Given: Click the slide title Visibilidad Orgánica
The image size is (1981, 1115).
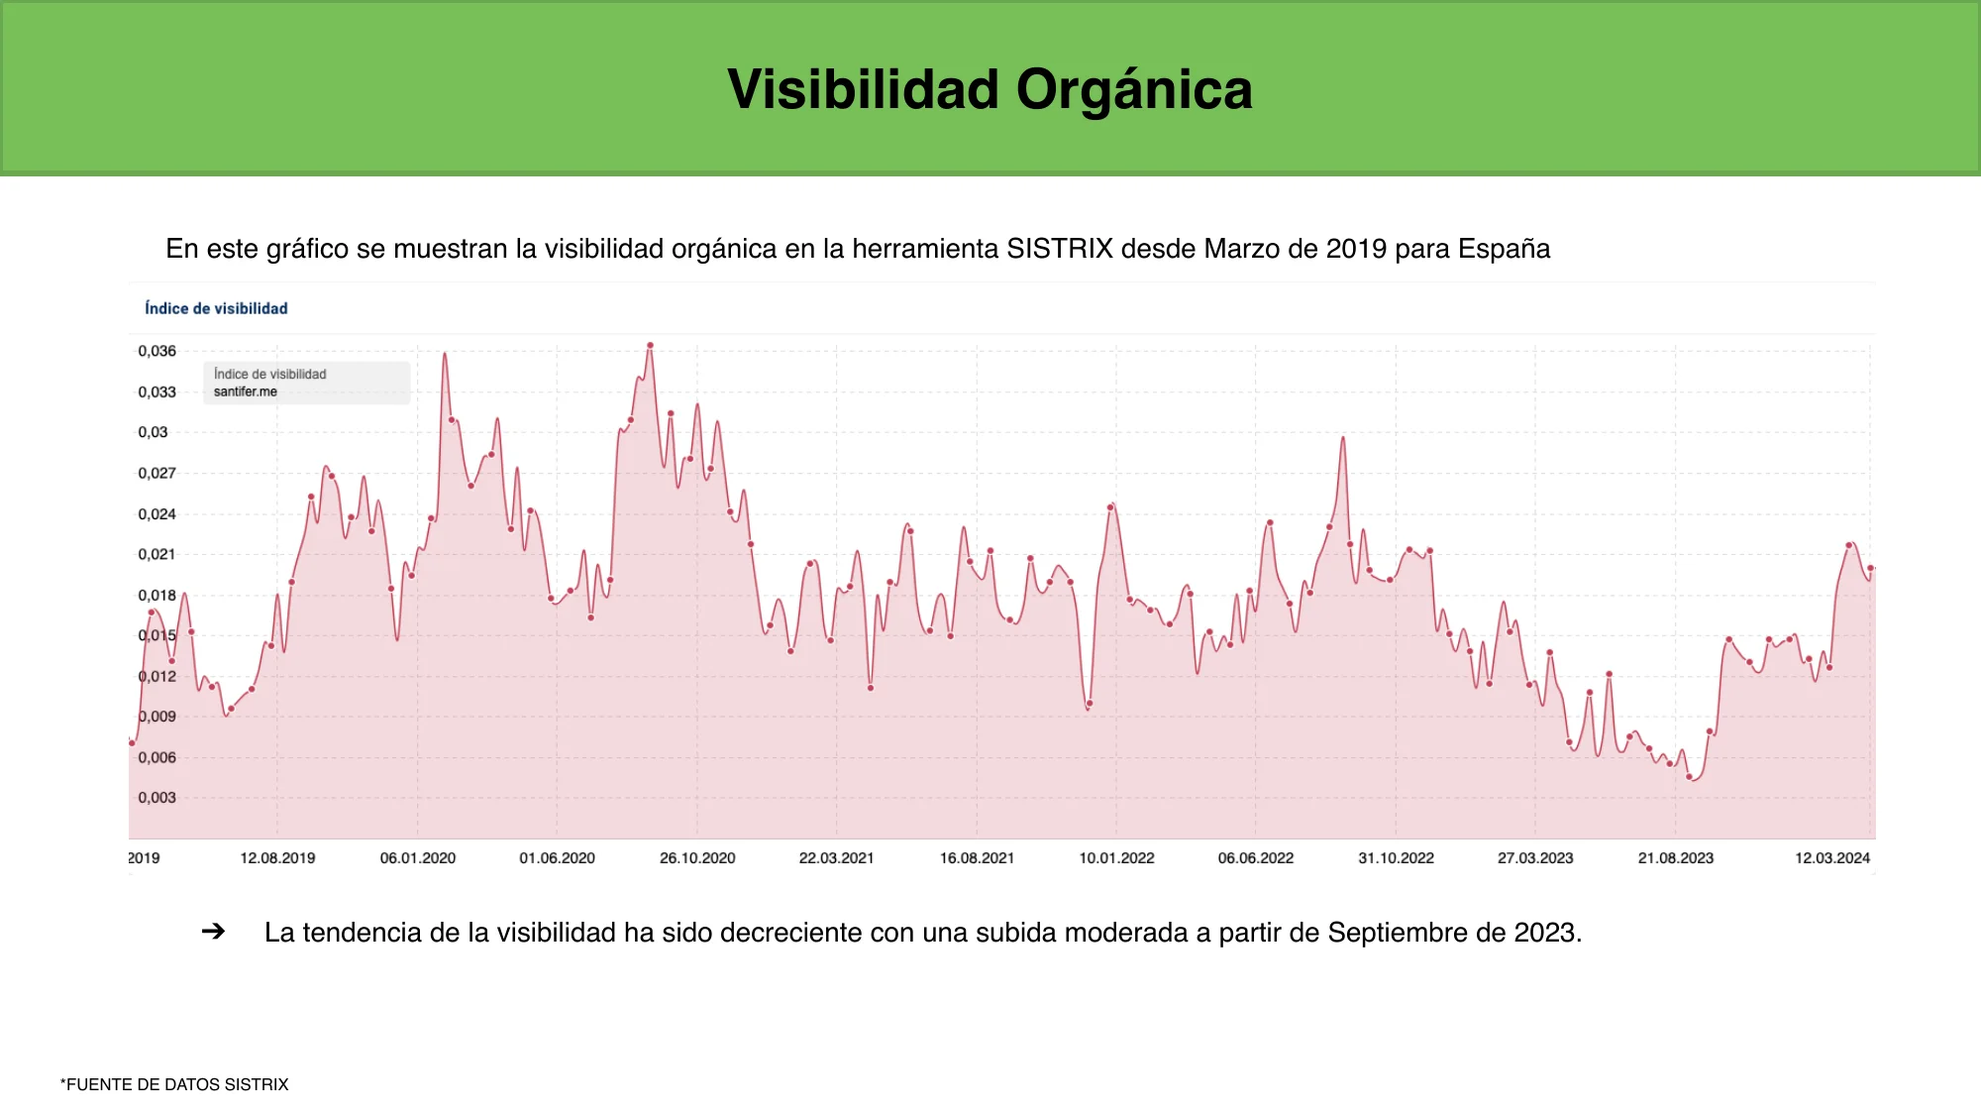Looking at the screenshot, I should coord(990,89).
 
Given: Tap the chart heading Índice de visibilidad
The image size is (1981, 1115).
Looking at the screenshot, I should coord(216,308).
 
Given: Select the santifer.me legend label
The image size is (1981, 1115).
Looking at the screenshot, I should coord(246,391).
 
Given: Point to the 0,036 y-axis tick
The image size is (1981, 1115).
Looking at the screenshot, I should coord(156,351).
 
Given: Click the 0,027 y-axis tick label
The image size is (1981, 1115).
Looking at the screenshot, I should coord(156,473).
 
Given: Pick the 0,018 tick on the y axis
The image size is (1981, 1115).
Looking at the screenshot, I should coord(156,595).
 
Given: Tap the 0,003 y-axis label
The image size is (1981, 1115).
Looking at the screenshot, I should coord(156,798).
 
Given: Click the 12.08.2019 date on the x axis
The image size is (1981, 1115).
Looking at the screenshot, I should coord(277,858).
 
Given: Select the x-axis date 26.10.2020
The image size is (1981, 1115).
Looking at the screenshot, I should coord(697,858).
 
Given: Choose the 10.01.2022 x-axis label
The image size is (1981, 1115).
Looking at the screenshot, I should coord(1116,858).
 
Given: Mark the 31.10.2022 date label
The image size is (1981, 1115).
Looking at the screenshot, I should coord(1396,858).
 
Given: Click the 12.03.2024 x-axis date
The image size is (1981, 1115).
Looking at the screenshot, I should coord(1832,858).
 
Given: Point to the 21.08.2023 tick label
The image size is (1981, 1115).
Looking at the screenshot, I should coord(1675,858).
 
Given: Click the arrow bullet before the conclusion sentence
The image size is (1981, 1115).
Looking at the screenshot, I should coord(213,932).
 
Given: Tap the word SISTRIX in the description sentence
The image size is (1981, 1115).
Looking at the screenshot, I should coord(1060,249).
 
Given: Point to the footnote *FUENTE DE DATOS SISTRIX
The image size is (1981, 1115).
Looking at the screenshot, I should coord(174,1084).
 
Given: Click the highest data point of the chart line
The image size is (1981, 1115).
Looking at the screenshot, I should coord(650,346).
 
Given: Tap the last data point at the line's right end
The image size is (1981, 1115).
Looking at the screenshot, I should coord(1870,568).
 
